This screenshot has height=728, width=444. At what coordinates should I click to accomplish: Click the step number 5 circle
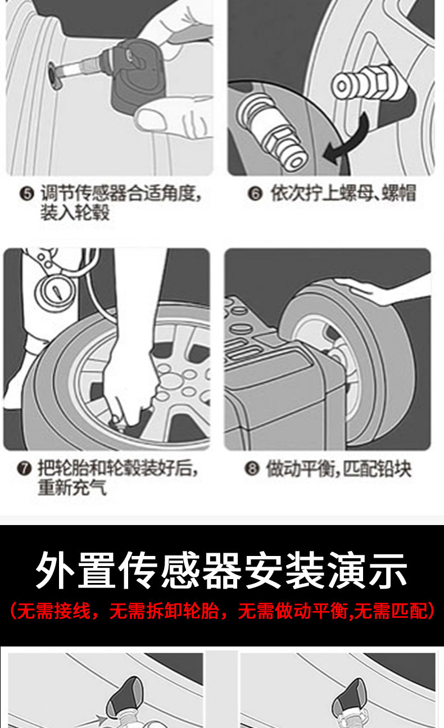pos(26,194)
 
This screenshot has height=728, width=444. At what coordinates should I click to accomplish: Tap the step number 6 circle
pos(255,194)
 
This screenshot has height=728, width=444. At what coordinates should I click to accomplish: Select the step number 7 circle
pos(24,468)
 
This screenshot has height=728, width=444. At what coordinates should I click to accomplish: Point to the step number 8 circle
pos(252,468)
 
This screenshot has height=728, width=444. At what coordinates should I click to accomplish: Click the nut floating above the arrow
pos(360,82)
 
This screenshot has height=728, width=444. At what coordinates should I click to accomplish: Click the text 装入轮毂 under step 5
pos(75,212)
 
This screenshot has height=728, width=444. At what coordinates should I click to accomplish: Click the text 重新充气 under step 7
pos(72,487)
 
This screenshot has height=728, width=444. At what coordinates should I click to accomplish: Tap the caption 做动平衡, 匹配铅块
pos(339,469)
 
